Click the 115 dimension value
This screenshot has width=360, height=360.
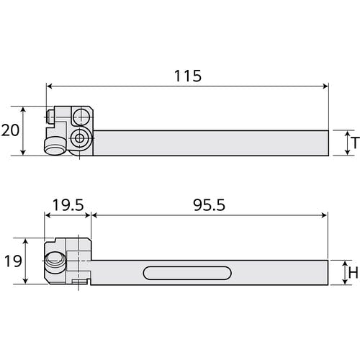[188, 76]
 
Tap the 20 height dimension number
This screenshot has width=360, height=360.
[10, 130]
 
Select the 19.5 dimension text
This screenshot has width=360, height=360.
[68, 205]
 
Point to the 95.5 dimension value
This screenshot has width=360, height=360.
[209, 205]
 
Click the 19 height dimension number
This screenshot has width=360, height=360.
[13, 261]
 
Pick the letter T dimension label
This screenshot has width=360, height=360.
[355, 143]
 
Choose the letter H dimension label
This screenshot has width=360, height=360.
[354, 273]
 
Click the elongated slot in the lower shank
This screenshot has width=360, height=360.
[187, 273]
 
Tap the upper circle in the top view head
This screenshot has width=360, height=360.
[82, 117]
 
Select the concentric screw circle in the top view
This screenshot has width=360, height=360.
[79, 138]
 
